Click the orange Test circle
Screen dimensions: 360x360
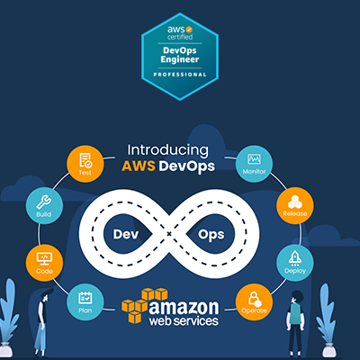coord(85,164)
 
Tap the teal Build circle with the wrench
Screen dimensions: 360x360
coord(44,206)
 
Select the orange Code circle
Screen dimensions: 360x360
coord(44,263)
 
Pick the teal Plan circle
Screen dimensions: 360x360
coord(85,301)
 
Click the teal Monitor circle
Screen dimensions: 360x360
coord(254,164)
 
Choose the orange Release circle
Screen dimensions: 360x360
coord(295,206)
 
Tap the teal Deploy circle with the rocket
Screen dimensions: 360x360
coord(295,263)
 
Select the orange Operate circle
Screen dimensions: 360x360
coord(254,302)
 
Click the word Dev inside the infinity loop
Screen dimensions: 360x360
coord(126,234)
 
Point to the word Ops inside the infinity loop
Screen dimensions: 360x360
coord(211,235)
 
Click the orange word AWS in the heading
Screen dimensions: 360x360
coord(139,166)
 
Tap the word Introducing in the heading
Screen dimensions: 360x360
coord(167,150)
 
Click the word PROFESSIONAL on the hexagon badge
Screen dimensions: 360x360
coord(180,75)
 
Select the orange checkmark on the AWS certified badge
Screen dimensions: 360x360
coord(189,30)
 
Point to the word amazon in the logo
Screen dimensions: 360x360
coord(184,308)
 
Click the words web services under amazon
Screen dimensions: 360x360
coord(184,321)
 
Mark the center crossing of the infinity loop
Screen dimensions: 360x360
coord(169,234)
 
